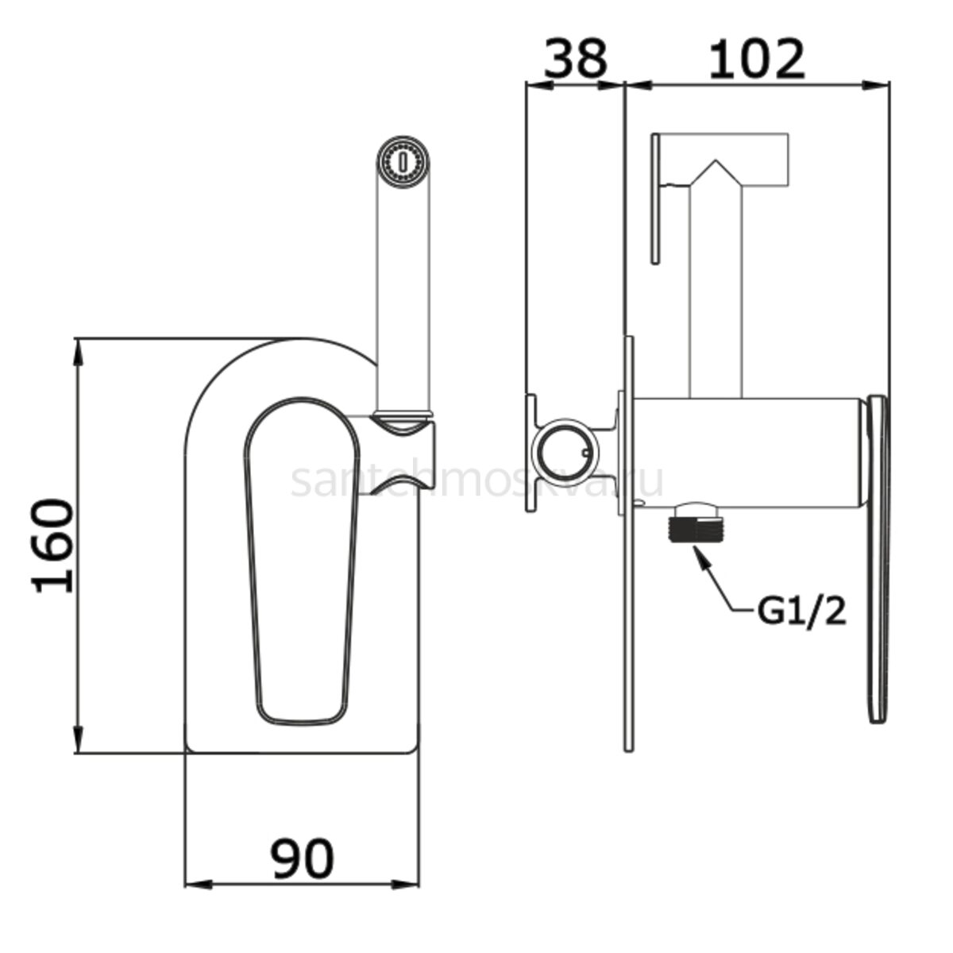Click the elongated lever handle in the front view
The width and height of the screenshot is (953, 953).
pyautogui.click(x=302, y=565)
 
